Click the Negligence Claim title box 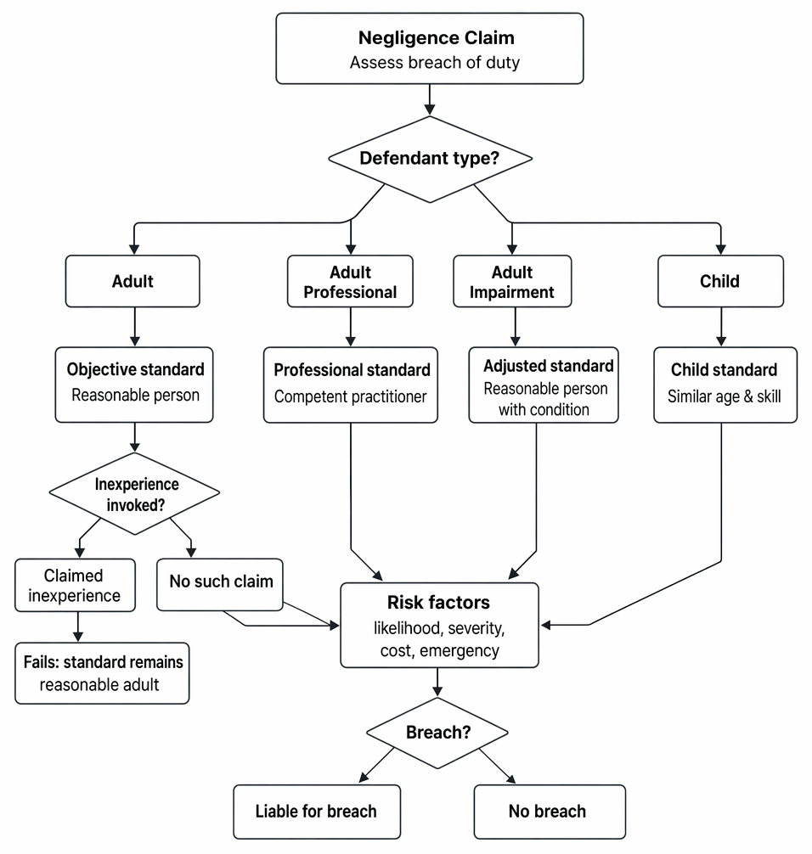(x=430, y=48)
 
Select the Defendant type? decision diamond (x=430, y=159)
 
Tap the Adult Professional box (x=351, y=281)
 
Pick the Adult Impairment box (x=512, y=281)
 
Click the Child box (x=720, y=281)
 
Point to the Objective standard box (x=134, y=385)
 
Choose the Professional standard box (x=351, y=385)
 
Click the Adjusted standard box (x=544, y=385)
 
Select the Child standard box (x=725, y=385)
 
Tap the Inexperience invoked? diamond (x=134, y=493)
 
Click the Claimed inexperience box (x=76, y=585)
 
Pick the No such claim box (x=220, y=584)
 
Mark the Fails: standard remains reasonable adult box (x=102, y=673)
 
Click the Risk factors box (x=439, y=625)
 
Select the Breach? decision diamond (x=437, y=733)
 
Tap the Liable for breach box (x=317, y=812)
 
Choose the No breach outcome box (x=550, y=812)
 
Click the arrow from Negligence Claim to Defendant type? (x=430, y=99)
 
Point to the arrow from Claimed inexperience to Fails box (x=78, y=626)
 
